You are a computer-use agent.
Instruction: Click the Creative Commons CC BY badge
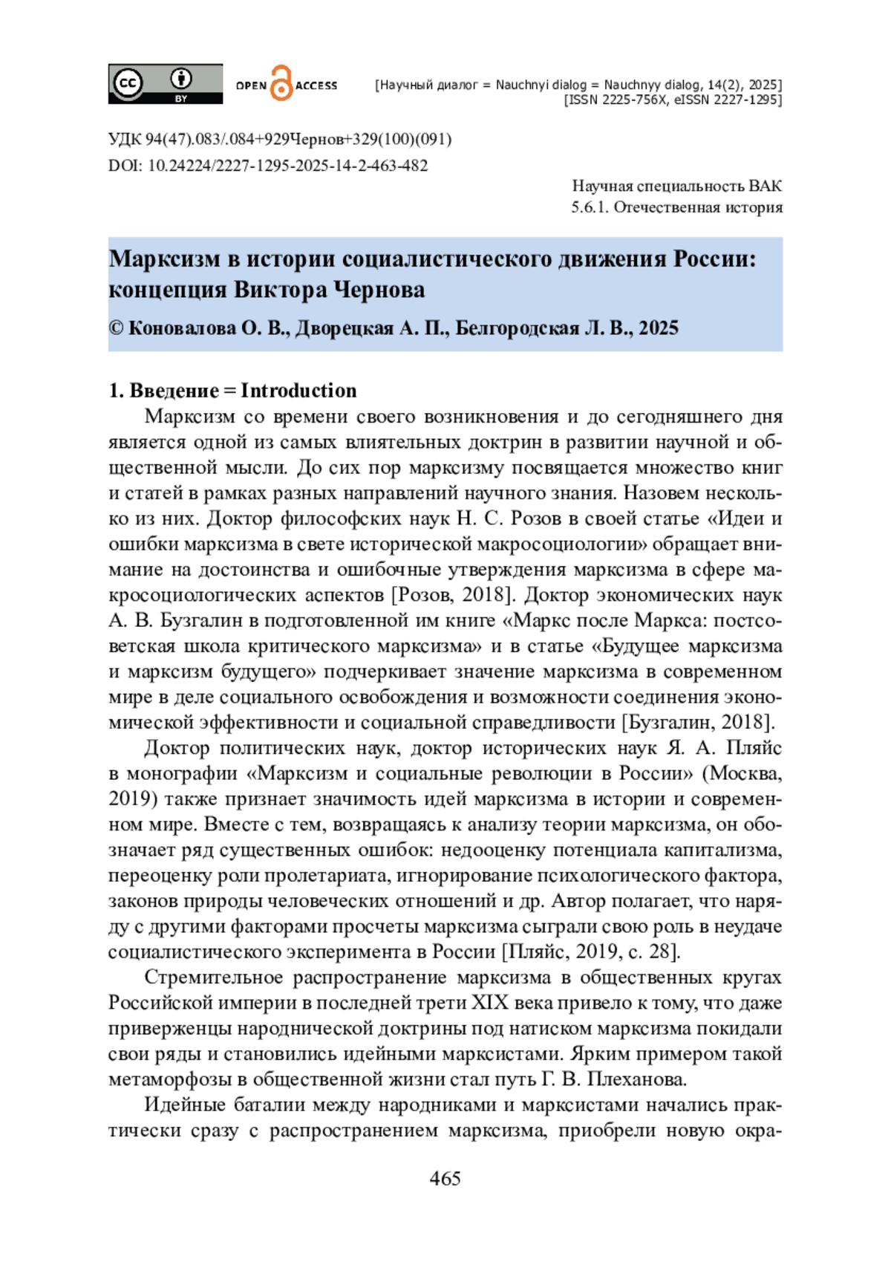click(165, 83)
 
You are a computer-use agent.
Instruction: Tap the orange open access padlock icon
click(281, 83)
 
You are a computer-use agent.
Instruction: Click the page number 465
click(445, 1178)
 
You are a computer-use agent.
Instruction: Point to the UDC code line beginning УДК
click(279, 139)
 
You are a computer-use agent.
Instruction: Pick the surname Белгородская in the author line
click(518, 328)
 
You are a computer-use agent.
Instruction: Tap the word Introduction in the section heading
click(298, 391)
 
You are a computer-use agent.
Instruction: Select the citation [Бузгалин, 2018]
click(698, 722)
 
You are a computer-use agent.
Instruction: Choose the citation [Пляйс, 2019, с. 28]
click(591, 952)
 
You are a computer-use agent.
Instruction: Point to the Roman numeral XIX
click(490, 1003)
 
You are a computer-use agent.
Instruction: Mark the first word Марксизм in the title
click(164, 259)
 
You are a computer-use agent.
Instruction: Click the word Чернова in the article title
click(379, 290)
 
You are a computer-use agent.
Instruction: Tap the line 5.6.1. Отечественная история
click(676, 207)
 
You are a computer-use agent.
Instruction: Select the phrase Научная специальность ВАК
click(676, 186)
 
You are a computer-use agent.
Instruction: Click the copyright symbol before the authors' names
click(116, 328)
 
